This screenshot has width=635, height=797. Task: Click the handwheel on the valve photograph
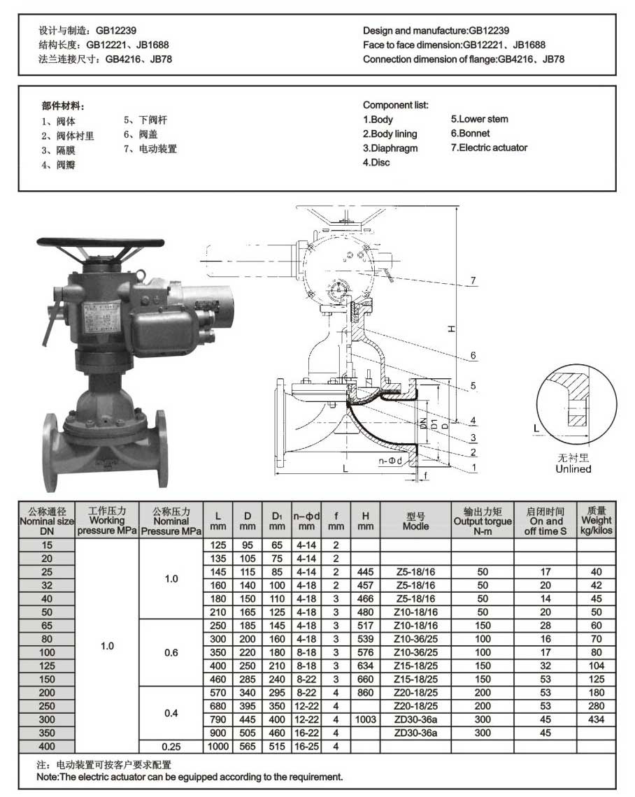click(100, 243)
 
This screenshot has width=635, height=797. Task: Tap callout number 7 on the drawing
click(473, 280)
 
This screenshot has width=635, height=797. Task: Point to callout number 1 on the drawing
click(474, 467)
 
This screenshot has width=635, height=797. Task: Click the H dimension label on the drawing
click(451, 329)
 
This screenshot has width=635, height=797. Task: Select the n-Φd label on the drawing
click(390, 461)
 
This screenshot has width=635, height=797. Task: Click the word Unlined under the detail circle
click(573, 468)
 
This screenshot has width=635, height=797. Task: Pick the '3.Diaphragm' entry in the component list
click(390, 148)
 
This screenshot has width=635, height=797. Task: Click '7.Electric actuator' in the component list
click(489, 148)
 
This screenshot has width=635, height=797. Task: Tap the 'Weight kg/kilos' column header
click(597, 520)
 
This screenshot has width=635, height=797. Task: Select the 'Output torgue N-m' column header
click(483, 521)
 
